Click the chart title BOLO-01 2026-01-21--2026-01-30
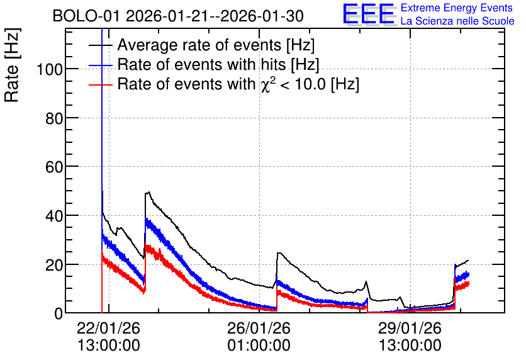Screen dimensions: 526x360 coord(178,16)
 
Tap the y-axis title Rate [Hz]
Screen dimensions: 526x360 coord(12,65)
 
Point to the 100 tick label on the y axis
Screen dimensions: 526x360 coord(50,70)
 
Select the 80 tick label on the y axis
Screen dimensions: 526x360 coord(54,118)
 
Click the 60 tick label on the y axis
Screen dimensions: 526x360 coord(54,167)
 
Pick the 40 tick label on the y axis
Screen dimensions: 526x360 coord(54,216)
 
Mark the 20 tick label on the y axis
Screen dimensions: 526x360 coord(54,265)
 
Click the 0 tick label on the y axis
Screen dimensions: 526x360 coord(59,313)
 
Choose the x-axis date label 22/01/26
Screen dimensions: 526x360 coord(108,328)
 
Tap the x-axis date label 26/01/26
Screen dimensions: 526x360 coord(259,328)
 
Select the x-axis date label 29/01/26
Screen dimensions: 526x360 coord(410,328)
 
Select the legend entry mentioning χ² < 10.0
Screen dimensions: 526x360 coord(238,84)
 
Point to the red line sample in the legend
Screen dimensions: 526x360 coord(101,84)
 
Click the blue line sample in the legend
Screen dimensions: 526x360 coord(101,65)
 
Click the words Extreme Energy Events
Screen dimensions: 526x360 coord(457,8)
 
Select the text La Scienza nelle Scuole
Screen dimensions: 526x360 coord(457,21)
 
